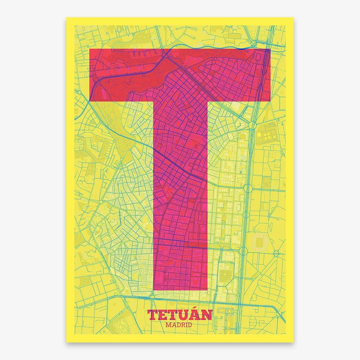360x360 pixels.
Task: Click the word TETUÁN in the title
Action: (x=180, y=314)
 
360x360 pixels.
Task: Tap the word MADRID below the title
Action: (x=180, y=324)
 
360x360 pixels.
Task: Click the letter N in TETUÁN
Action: (x=207, y=315)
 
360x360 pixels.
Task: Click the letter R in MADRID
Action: (x=182, y=324)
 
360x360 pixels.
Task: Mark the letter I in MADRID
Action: (x=187, y=324)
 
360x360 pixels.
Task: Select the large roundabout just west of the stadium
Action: (x=243, y=250)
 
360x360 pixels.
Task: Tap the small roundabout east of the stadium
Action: (x=276, y=253)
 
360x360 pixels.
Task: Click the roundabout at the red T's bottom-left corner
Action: (x=152, y=297)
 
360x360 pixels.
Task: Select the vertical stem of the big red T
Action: (x=180, y=193)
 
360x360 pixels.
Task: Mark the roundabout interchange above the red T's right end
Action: (x=254, y=44)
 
